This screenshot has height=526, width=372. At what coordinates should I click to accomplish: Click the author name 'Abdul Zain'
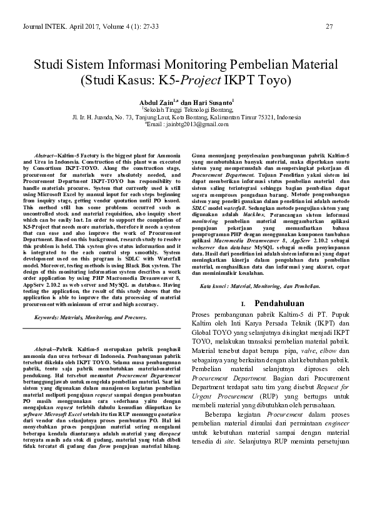157,100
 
